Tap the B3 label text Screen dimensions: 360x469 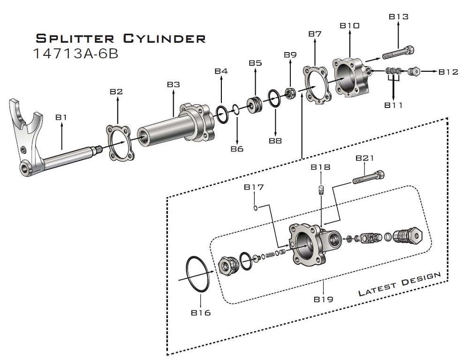(x=174, y=84)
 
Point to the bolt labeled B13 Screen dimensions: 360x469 (x=398, y=52)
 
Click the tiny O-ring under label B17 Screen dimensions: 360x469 (x=254, y=207)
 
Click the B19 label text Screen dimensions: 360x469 (x=324, y=299)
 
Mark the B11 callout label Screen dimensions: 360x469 (x=393, y=105)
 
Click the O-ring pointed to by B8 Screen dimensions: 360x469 (x=275, y=99)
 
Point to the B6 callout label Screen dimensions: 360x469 (x=237, y=149)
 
